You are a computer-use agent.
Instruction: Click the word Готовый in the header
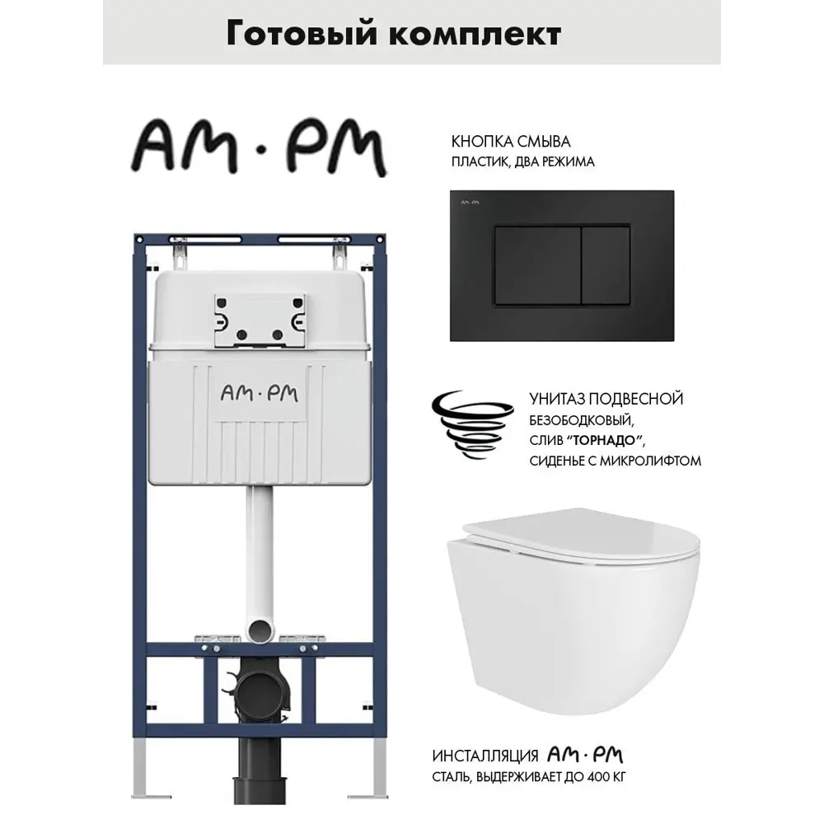302,34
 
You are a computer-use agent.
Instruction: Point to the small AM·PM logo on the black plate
470,203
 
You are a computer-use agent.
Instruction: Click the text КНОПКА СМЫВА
511,142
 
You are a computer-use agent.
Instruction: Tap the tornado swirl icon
471,427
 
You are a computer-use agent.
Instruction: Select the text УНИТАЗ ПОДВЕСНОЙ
606,399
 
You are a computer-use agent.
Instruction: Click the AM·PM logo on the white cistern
259,394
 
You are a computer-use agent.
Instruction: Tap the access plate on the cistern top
260,320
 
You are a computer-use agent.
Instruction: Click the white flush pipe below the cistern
260,562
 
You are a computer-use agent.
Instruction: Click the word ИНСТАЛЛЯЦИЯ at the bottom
485,756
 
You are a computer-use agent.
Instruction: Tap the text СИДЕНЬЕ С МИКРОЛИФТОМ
615,461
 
